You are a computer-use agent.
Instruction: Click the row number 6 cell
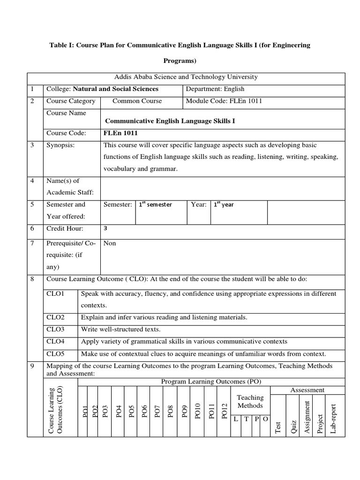pos(32,229)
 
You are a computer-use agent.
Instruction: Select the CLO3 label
pos(56,329)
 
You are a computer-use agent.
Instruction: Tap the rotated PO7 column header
pos(157,412)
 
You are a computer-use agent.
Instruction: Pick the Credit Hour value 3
pos(105,228)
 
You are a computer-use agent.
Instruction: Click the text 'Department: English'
pos(215,89)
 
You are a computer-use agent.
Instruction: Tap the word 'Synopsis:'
pos(60,145)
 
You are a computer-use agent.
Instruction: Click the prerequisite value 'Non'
pos(110,243)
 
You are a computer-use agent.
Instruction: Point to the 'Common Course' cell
pos(137,101)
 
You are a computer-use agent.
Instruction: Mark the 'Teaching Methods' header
pos(250,402)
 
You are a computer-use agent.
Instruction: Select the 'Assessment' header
pos(307,390)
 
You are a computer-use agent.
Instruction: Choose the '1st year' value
pos(224,205)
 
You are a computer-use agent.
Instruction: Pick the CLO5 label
pos(56,353)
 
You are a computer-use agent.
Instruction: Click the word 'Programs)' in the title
pos(180,60)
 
